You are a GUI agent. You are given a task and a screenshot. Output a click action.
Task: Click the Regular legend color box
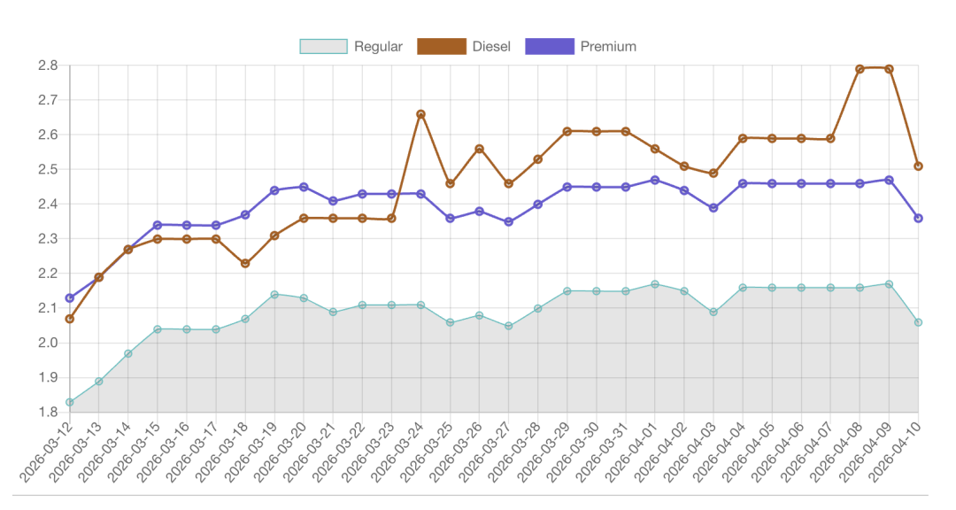tap(323, 46)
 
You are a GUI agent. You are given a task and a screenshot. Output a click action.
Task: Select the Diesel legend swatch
tap(441, 46)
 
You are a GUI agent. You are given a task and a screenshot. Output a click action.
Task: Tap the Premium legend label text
tap(608, 46)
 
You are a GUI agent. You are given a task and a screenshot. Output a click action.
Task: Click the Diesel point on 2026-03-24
tap(420, 114)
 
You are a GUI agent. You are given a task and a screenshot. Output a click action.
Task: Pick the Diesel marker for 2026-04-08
tap(860, 69)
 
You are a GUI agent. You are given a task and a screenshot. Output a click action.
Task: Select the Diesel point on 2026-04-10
tap(918, 166)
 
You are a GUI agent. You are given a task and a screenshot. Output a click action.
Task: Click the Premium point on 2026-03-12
tap(69, 298)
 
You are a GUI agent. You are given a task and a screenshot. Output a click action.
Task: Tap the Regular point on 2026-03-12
tap(69, 402)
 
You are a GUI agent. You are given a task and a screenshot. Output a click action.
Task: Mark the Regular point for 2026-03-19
tap(274, 295)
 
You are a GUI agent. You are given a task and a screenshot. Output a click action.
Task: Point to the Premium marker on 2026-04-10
tap(918, 218)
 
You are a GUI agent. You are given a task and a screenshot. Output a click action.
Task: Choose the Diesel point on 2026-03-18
tap(245, 264)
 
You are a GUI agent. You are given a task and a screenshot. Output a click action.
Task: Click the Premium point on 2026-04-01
tap(654, 180)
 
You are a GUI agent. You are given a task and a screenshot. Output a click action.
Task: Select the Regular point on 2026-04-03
tap(713, 312)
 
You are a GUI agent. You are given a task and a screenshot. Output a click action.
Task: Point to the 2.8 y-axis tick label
tap(48, 66)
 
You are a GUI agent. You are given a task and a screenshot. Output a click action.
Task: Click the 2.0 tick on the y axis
tap(48, 344)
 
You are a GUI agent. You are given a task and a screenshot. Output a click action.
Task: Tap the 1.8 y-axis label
tap(48, 413)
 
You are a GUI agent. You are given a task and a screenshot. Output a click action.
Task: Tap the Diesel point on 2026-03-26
tap(479, 149)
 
